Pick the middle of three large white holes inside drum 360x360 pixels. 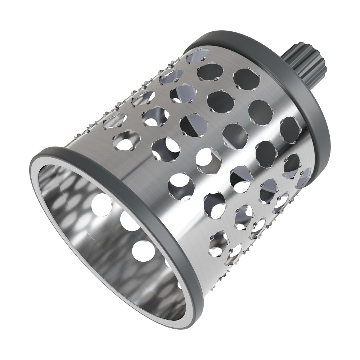click(x=130, y=221)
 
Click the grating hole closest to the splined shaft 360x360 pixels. click(x=246, y=78)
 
